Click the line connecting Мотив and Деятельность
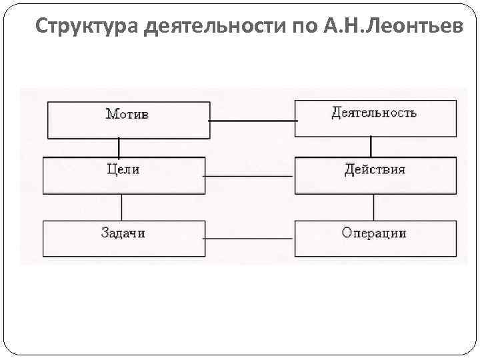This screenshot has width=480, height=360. pyautogui.click(x=253, y=121)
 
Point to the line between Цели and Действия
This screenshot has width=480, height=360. pyautogui.click(x=249, y=176)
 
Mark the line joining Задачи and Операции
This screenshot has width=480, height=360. pyautogui.click(x=249, y=239)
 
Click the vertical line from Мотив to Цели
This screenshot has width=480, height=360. pyautogui.click(x=119, y=147)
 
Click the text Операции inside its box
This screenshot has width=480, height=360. pyautogui.click(x=373, y=233)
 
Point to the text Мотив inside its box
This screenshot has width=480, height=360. pyautogui.click(x=127, y=114)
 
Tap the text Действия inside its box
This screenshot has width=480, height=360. pyautogui.click(x=375, y=169)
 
